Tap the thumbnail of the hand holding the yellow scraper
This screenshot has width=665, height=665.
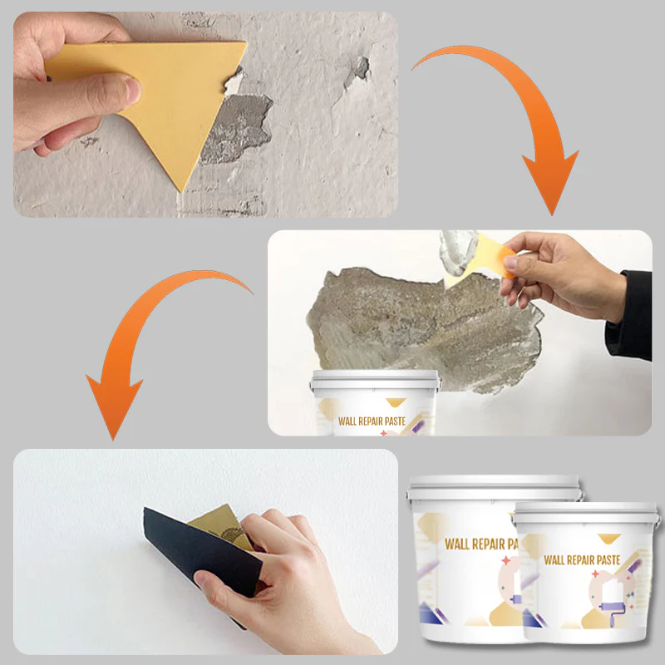(205, 115)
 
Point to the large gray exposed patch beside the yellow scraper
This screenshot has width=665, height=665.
(238, 127)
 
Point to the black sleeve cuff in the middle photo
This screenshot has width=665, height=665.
(630, 316)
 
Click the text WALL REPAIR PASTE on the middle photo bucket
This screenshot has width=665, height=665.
(372, 421)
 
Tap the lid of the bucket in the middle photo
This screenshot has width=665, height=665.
(375, 379)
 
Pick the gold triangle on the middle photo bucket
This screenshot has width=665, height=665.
(396, 401)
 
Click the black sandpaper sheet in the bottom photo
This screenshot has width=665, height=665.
(204, 551)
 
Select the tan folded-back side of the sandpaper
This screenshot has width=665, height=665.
(223, 526)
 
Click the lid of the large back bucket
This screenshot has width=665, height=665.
(494, 488)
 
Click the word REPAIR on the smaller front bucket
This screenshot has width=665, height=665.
(580, 560)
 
